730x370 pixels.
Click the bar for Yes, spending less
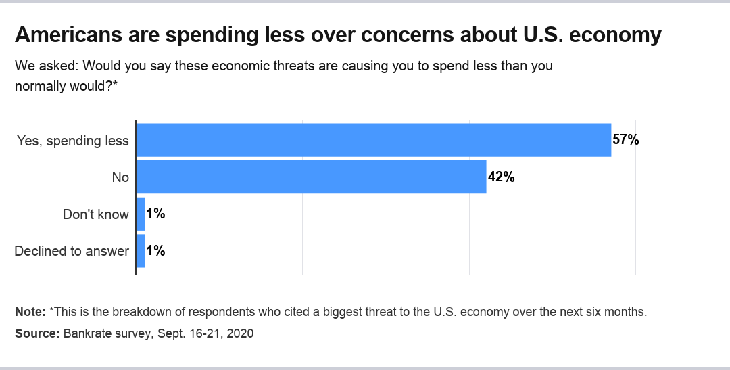point(374,140)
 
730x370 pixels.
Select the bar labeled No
point(312,177)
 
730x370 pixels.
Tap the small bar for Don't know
point(141,214)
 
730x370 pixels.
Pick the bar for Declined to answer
point(141,250)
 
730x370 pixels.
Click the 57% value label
point(625,140)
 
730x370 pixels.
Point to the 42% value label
point(501,177)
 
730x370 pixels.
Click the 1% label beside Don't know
point(155,214)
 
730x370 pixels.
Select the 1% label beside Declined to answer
point(155,250)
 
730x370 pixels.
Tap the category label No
point(120,177)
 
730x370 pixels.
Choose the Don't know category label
point(95,214)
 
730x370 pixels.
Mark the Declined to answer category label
point(72,251)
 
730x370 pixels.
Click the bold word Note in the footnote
point(29,312)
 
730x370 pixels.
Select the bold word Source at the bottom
point(36,333)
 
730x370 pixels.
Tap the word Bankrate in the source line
point(85,333)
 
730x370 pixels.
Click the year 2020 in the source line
point(241,333)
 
